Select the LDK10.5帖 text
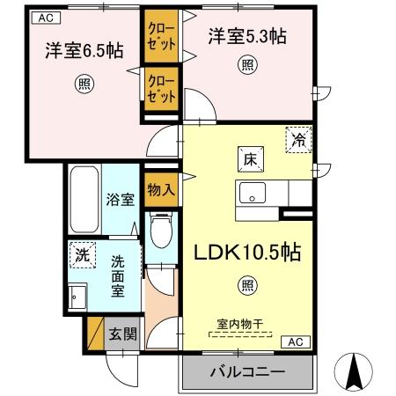point(247,253)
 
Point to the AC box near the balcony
point(296,342)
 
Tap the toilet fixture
point(160,234)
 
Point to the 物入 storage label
point(160,188)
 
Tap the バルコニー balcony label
point(247,372)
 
